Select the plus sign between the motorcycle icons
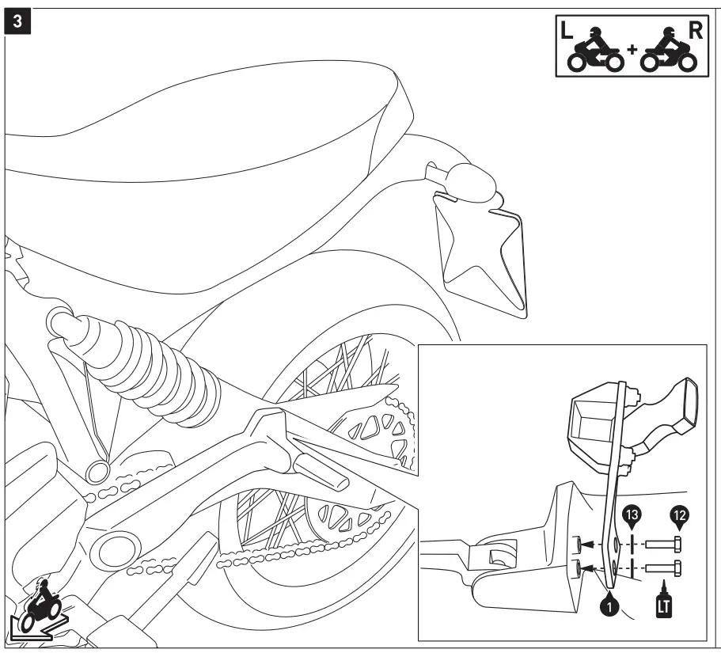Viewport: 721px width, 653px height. click(x=632, y=50)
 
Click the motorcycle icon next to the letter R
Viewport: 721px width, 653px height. click(x=666, y=52)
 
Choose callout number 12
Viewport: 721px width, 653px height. click(x=678, y=515)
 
